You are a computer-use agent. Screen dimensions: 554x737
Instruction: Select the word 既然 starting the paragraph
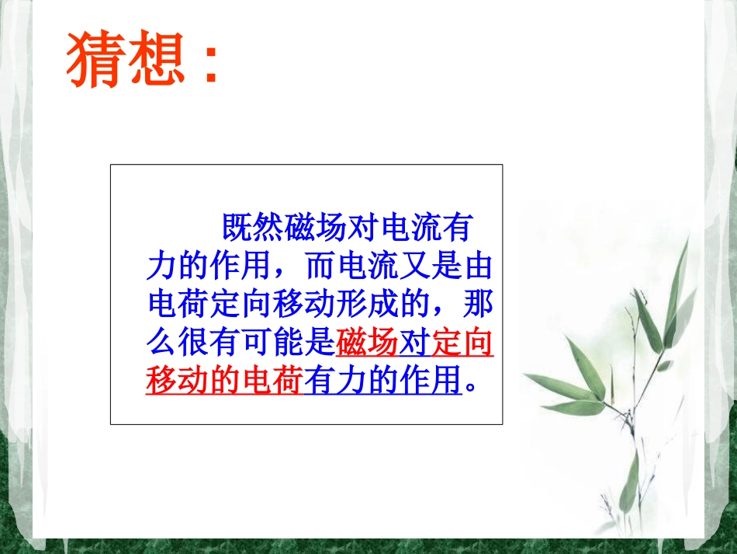[x=253, y=229]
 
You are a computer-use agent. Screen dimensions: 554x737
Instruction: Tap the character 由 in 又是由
[x=476, y=267]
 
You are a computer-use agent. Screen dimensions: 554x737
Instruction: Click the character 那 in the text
[x=476, y=305]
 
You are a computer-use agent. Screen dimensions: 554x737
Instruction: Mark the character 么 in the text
[x=161, y=343]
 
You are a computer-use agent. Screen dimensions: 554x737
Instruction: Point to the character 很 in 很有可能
[x=193, y=343]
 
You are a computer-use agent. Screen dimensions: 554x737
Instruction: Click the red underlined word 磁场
[x=368, y=343]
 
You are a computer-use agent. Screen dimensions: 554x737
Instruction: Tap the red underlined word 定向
[x=463, y=343]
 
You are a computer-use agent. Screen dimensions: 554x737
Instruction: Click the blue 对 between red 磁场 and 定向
[x=415, y=343]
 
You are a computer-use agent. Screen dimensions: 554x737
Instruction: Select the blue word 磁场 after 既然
[x=317, y=229]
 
